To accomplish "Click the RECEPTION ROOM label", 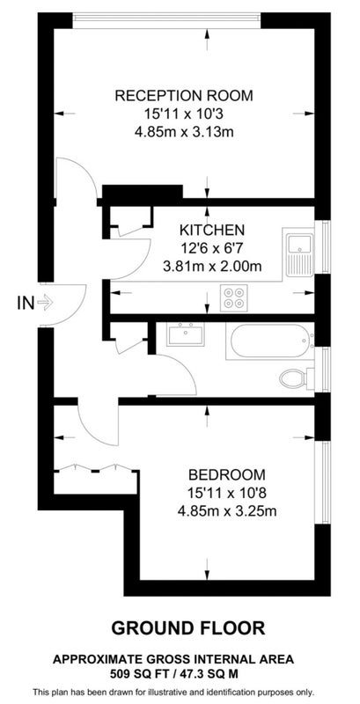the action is click(184, 96).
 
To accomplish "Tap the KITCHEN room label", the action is click(212, 231).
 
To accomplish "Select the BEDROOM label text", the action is click(227, 474).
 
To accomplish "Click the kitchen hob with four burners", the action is click(234, 297).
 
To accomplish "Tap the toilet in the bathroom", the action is click(297, 378).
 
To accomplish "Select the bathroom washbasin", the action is click(185, 334).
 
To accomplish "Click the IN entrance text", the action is click(26, 303).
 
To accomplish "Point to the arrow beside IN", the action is click(45, 303).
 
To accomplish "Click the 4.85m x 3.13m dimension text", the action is click(185, 132).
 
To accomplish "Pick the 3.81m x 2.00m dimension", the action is click(212, 267).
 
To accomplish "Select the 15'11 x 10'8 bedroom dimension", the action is click(227, 493).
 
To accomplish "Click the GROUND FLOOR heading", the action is click(188, 627).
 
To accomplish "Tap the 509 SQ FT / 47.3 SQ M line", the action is click(173, 673).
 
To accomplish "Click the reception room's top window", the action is click(167, 19).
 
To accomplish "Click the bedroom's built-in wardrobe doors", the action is click(96, 469).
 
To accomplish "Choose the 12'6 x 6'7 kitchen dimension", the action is click(211, 248).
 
